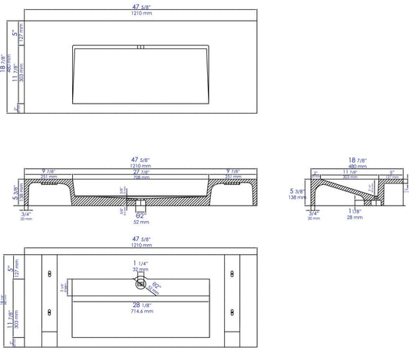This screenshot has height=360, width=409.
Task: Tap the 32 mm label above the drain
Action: tap(140, 270)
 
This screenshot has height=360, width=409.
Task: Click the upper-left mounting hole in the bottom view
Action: tap(51, 270)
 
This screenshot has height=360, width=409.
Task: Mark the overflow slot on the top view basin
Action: tap(140, 47)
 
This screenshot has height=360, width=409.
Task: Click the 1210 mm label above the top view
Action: tap(140, 13)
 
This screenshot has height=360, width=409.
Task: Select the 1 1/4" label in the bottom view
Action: tap(140, 263)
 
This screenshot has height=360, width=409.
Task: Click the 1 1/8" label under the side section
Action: tap(354, 211)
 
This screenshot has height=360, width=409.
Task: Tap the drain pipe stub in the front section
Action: tap(139, 206)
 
